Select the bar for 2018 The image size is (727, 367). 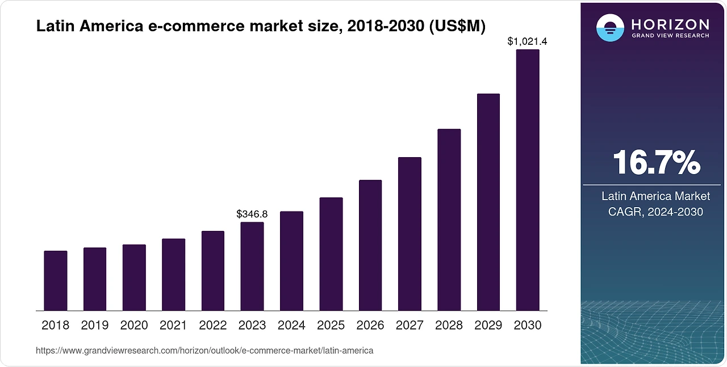click(56, 281)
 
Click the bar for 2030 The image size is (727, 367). click(527, 180)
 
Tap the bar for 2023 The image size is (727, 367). click(252, 267)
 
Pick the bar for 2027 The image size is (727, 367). click(410, 234)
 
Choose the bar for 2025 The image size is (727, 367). click(331, 254)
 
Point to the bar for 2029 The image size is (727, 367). click(488, 203)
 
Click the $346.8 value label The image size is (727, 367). click(252, 214)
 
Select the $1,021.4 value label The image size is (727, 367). click(527, 41)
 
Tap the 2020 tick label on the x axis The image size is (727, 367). click(134, 326)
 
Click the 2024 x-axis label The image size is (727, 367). click(291, 326)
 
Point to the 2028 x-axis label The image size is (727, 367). click(449, 326)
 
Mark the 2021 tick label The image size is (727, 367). click(173, 326)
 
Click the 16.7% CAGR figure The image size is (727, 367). click(656, 163)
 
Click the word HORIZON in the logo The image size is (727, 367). click(670, 24)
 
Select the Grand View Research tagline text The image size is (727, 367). click(670, 36)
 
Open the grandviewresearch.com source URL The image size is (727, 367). click(204, 351)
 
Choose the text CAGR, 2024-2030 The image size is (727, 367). click(656, 212)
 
